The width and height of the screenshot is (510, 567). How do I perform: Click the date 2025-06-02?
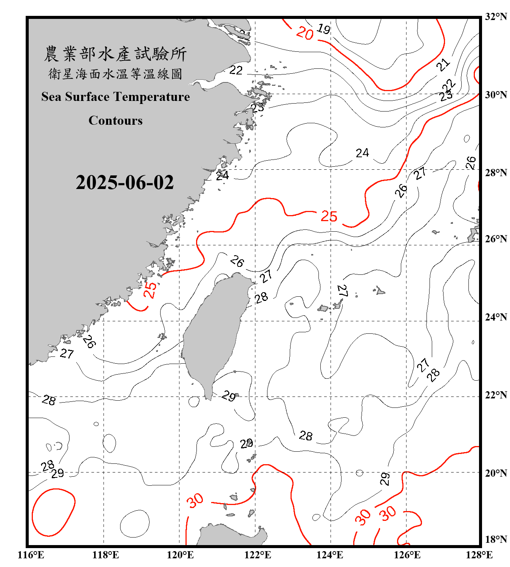click(125, 183)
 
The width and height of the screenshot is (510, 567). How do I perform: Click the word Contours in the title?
click(116, 121)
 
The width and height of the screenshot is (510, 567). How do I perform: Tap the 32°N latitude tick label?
click(496, 17)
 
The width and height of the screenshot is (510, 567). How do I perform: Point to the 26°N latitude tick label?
click(496, 239)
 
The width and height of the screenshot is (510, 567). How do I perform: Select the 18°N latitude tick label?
click(496, 539)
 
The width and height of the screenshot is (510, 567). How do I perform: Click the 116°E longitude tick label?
click(31, 555)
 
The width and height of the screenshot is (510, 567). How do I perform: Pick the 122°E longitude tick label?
click(258, 555)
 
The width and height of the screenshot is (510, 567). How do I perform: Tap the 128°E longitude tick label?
click(479, 555)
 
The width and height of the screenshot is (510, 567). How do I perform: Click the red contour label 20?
click(305, 33)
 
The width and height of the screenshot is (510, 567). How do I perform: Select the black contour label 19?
click(324, 29)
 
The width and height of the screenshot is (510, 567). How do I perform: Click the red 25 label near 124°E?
click(329, 216)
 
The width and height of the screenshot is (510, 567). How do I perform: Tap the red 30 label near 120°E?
click(195, 501)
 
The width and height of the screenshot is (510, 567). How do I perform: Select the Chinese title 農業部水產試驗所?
click(116, 54)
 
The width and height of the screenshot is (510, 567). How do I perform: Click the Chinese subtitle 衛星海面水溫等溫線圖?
click(116, 74)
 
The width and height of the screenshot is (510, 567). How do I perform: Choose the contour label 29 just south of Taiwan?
click(229, 396)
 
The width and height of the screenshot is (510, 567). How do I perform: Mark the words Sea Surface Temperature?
click(116, 97)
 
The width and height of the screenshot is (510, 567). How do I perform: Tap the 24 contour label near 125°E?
click(362, 153)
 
